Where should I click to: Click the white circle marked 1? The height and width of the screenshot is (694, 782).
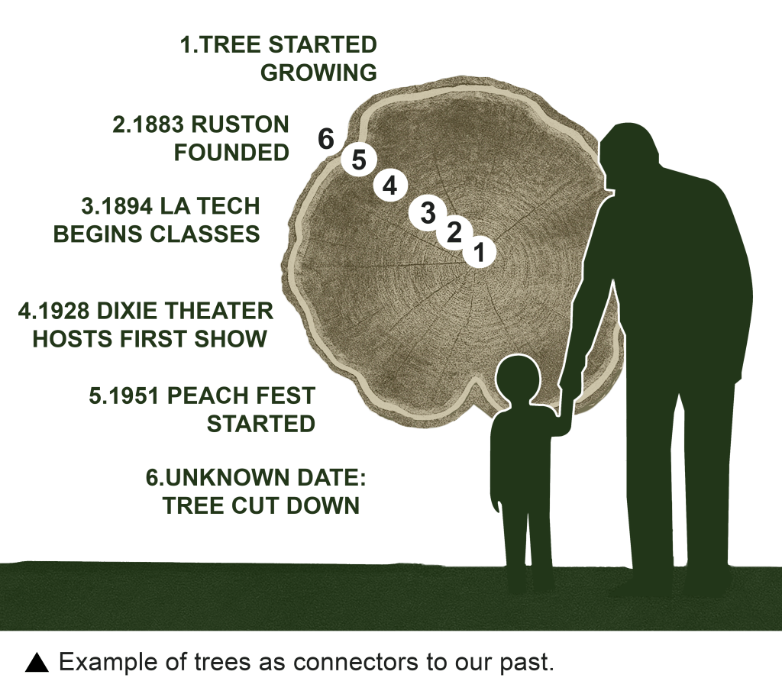coord(480,252)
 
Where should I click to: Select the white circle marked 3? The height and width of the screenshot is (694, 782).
coord(427,213)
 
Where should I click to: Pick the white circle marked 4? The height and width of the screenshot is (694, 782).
coord(391,186)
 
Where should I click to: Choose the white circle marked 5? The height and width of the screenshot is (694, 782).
coord(359,160)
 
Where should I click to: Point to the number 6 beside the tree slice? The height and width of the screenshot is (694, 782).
coord(325,139)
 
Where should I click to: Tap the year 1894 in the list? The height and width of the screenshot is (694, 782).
coord(124,206)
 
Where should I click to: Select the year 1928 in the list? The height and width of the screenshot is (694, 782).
coord(61,311)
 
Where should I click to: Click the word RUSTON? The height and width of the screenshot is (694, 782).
coord(241,124)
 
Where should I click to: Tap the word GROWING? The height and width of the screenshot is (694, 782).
coord(318,73)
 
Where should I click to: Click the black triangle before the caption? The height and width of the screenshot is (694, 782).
coord(37,663)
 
